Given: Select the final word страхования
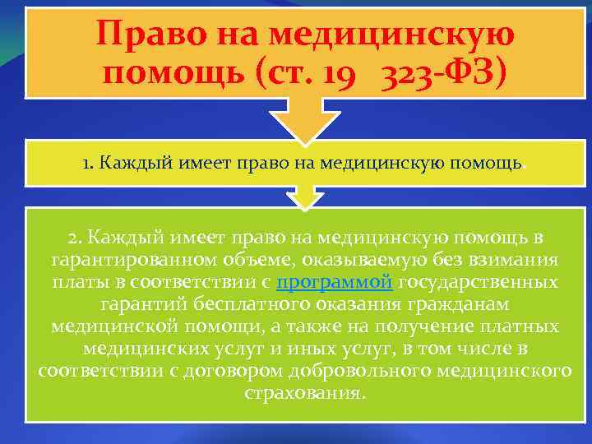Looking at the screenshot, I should [303, 391].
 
